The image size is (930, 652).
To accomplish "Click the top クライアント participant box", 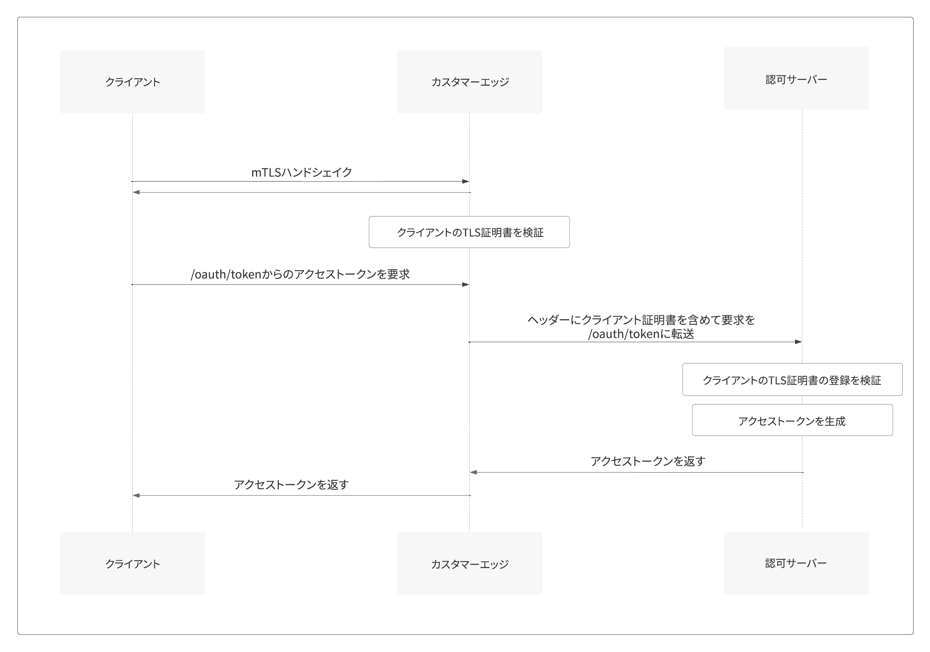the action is click(132, 82).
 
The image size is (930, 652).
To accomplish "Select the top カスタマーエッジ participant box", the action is click(469, 82).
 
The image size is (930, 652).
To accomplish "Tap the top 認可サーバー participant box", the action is click(796, 78).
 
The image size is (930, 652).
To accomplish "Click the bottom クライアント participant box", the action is click(132, 563).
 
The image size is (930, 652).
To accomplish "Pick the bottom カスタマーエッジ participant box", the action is click(469, 563).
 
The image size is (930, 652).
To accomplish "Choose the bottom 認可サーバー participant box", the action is click(796, 563).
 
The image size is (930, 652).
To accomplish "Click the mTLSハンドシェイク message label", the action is click(302, 172).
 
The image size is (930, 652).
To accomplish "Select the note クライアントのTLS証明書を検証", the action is click(469, 232).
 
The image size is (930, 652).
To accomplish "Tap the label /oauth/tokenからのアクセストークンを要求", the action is click(300, 274).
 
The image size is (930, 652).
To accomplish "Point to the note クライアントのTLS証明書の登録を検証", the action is click(792, 380).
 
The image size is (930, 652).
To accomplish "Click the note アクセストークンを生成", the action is click(792, 420).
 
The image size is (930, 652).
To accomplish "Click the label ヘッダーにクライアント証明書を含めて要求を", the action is click(641, 320).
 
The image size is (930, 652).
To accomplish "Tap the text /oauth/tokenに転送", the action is click(641, 334).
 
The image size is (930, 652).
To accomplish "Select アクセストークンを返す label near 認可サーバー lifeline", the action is click(648, 461).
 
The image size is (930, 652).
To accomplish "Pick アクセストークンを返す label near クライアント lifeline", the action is click(291, 485).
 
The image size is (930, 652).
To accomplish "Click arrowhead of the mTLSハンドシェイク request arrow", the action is click(466, 182).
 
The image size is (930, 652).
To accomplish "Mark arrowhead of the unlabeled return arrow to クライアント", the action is click(136, 193).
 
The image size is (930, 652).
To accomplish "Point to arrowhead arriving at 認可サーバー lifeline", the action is click(799, 342).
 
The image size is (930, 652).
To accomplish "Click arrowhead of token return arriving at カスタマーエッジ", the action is click(473, 472).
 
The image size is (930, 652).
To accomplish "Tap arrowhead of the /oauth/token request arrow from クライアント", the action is click(466, 285).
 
